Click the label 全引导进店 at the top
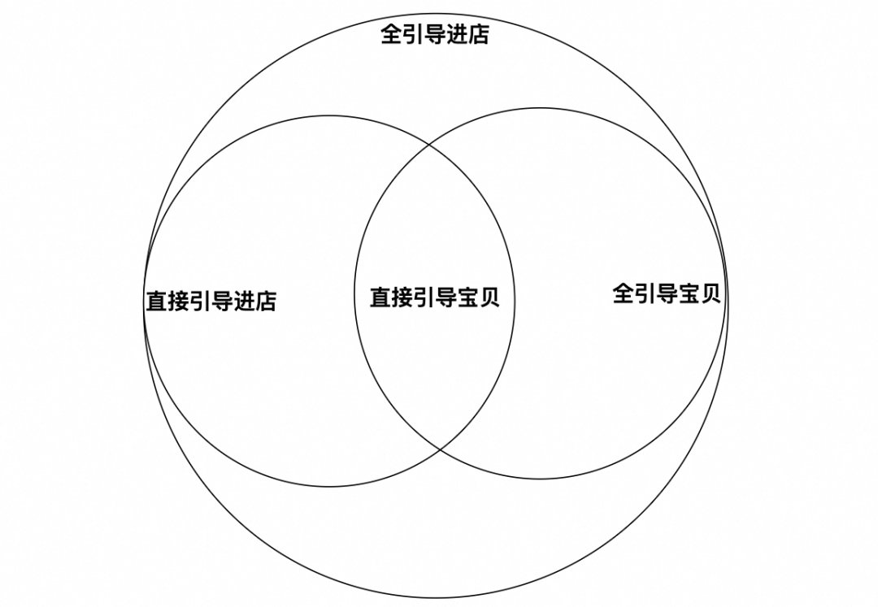pos(435,35)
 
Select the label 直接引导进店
pos(211,301)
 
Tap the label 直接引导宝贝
pos(435,297)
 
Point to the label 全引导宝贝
pos(667,293)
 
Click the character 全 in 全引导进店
pos(392,35)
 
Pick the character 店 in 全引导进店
pos(479,35)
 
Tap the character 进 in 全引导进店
pos(457,35)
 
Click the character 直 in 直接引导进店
pos(157,301)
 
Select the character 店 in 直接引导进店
pos(266,301)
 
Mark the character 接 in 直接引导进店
pos(179,301)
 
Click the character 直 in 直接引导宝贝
pos(380,297)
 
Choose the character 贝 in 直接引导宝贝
pos(489,297)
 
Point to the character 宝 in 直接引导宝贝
pos(467,297)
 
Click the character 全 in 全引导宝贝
pos(624,293)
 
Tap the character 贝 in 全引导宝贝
pos(710,293)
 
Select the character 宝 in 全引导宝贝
pos(689,293)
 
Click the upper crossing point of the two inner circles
pos(429,145)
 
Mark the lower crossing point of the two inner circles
pos(441,449)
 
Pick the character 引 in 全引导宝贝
pos(645,293)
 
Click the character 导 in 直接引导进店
pos(222,301)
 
